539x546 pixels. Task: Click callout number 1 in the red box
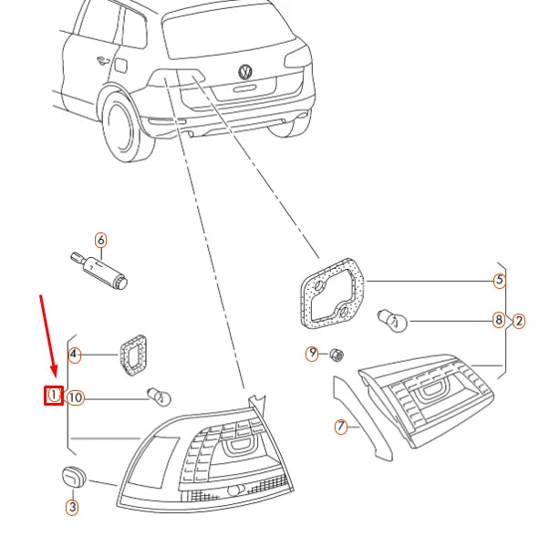coord(54,396)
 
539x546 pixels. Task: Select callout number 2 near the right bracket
coord(519,321)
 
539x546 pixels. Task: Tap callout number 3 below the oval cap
coord(72,507)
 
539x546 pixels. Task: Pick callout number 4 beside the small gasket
coord(74,355)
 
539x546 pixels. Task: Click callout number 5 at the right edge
coord(500,281)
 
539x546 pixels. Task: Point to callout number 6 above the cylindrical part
coord(100,241)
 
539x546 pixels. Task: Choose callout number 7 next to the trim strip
coord(341,427)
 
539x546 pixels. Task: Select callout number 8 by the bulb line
coord(499,320)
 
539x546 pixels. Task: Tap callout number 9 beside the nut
coord(312,354)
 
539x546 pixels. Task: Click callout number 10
coord(76,398)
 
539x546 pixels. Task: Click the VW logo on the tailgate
coord(245,72)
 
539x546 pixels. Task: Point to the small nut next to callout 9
coord(336,355)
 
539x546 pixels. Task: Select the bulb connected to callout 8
coord(392,320)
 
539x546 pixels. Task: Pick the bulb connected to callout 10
coord(160,397)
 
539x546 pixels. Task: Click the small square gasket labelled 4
coord(133,355)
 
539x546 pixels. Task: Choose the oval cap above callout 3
coord(73,477)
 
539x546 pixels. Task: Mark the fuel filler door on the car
coord(120,65)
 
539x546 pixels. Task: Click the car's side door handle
coord(103,60)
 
